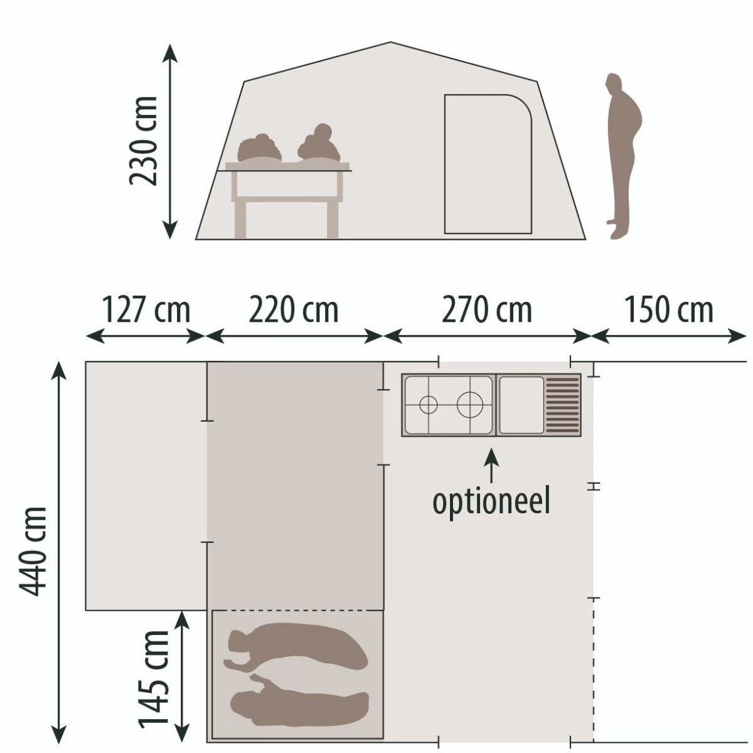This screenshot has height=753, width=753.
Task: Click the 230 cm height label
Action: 142,141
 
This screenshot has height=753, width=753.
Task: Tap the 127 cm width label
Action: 146,310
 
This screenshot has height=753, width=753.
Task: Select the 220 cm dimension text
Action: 294,310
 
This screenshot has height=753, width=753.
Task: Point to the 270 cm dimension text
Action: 487,310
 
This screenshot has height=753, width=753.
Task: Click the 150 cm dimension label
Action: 669,310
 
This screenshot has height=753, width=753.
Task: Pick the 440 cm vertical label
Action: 33,551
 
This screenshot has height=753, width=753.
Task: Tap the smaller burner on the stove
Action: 428,405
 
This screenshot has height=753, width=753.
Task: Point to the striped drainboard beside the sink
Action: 562,405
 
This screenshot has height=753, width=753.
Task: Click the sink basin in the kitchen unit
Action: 521,405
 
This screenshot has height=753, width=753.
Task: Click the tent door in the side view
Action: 488,164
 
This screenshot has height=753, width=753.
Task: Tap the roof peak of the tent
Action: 391,44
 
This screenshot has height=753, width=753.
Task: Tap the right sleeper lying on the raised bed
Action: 319,146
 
